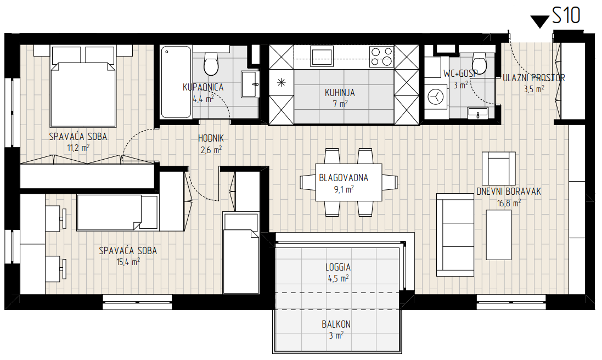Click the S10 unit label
pos(566,15)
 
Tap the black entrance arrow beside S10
pos(540,21)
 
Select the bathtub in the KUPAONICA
pos(176,82)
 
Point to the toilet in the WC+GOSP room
pos(479,63)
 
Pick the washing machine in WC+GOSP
pos(436,97)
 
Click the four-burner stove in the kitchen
pos(381,57)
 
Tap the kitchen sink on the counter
pos(322,57)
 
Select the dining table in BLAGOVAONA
pos(348,182)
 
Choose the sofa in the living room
pos(455,234)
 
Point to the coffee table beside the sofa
pos(499,235)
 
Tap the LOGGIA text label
pos(338,267)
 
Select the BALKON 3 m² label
pos(336,330)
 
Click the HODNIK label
pos(211,138)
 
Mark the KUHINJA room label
pos(340,93)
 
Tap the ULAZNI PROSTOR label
pos(534,78)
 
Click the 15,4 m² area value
pos(128,262)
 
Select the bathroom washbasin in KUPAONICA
pos(250,84)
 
